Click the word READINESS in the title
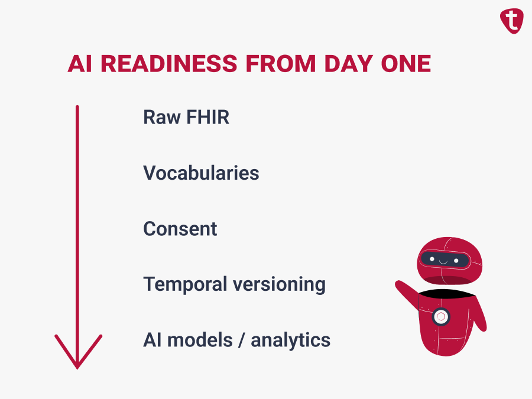pos(169,64)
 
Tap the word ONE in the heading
pos(406,64)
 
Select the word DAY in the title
pos(348,64)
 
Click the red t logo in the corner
pos(512,21)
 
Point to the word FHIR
pos(207,118)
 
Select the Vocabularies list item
pos(201,173)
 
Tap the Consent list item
pos(180,229)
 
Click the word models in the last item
pos(200,340)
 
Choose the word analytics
pos(290,340)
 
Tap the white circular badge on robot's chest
pos(441,317)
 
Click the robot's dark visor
pos(445,260)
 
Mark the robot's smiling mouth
pos(443,262)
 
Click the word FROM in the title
pos(281,64)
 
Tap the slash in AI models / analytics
pos(242,340)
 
